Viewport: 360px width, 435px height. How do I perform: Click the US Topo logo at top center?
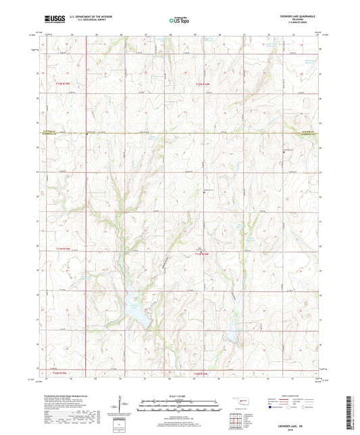179,21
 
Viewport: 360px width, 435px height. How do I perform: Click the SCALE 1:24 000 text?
180,395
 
